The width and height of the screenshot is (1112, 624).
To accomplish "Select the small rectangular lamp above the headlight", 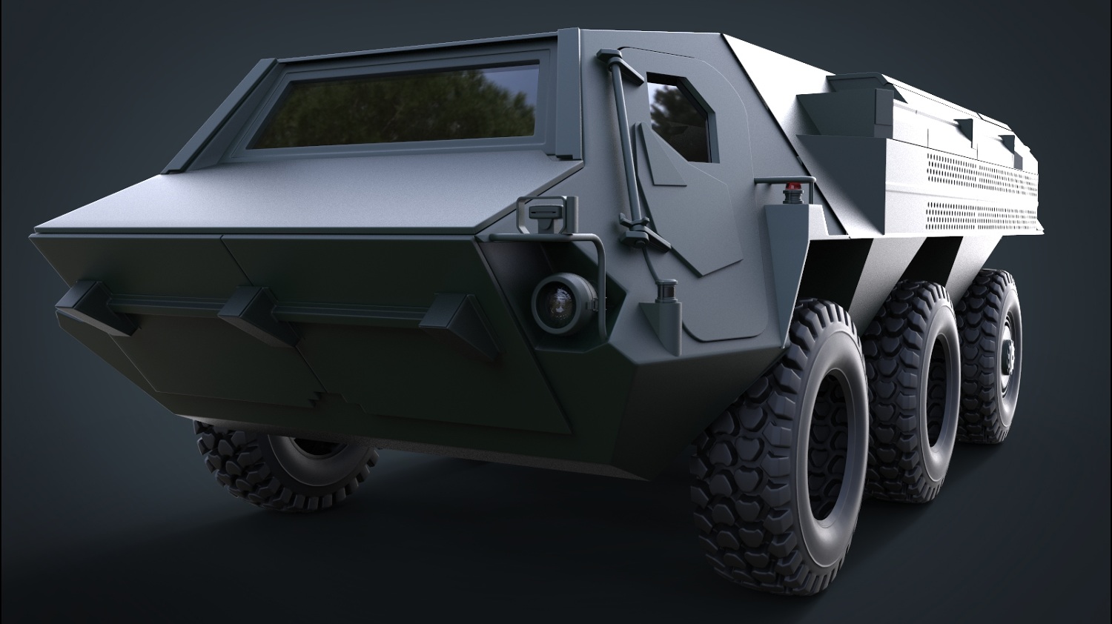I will [546, 212].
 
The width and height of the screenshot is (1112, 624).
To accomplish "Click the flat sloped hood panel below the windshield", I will [297, 200].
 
